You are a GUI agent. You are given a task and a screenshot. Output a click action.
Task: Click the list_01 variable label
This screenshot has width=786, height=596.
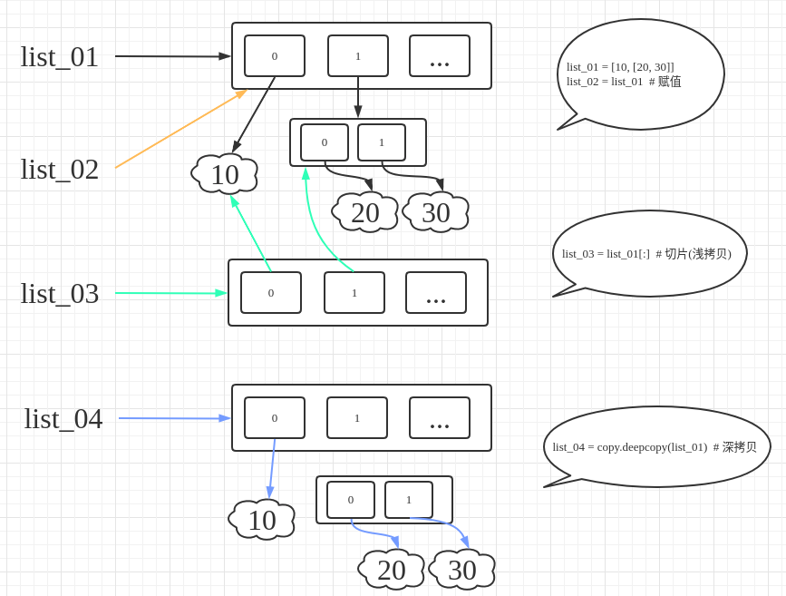click(x=59, y=57)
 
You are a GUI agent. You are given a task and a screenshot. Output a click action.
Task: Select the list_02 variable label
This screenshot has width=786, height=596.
click(x=59, y=170)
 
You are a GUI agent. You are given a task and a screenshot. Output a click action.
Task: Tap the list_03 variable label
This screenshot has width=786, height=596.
click(x=59, y=294)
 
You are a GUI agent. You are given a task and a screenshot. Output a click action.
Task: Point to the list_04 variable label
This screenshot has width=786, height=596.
click(x=63, y=419)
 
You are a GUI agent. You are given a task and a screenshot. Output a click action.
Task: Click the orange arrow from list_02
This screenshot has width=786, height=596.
click(x=181, y=129)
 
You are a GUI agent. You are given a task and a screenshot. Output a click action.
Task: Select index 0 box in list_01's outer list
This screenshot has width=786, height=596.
click(x=275, y=55)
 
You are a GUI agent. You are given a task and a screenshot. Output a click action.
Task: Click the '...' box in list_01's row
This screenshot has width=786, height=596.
click(x=440, y=55)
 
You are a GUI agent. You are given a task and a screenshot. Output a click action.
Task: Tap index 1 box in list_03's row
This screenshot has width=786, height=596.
click(x=354, y=292)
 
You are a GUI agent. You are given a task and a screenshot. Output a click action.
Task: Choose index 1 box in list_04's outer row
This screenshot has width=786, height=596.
click(x=357, y=418)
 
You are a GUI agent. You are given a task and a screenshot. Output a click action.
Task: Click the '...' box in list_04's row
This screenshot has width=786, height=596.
click(x=440, y=418)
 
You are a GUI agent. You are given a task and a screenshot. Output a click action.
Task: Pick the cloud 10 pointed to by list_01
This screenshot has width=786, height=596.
click(x=224, y=174)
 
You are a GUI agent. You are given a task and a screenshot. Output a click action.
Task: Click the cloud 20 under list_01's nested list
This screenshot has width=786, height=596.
click(x=365, y=212)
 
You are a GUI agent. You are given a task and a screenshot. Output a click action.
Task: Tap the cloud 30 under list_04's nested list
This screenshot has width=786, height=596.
click(x=461, y=570)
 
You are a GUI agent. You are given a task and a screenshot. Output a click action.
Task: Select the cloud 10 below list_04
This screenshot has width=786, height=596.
click(x=261, y=520)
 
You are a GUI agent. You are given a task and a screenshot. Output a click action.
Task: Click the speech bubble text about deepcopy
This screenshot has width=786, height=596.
click(x=655, y=447)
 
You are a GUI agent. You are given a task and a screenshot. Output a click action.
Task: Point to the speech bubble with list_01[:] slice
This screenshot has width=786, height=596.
click(x=650, y=254)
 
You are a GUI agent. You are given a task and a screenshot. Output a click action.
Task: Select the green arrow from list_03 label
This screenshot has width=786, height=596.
click(x=171, y=293)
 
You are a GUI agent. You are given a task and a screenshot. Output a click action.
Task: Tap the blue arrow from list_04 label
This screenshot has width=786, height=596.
click(x=175, y=418)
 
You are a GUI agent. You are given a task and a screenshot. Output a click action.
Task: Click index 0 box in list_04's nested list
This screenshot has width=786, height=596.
click(x=351, y=500)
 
